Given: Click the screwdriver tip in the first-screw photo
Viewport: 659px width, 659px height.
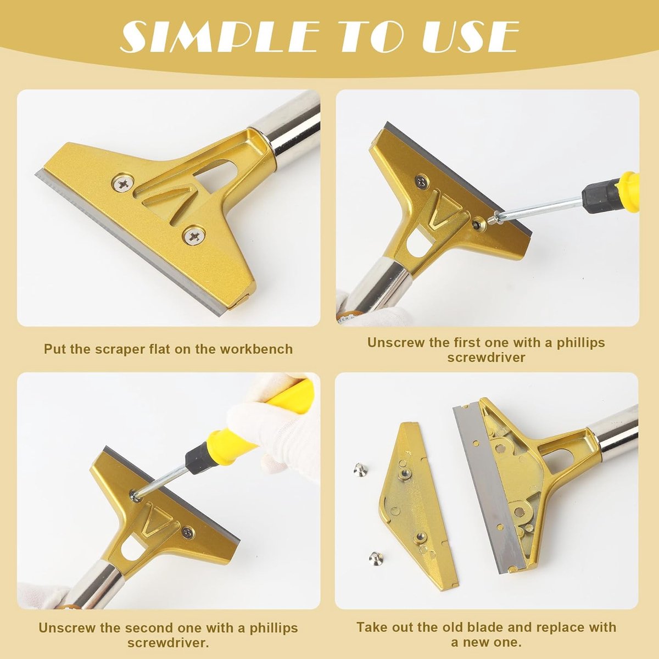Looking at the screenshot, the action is (493, 221).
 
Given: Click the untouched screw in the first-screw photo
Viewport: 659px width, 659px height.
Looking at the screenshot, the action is (422, 181).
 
